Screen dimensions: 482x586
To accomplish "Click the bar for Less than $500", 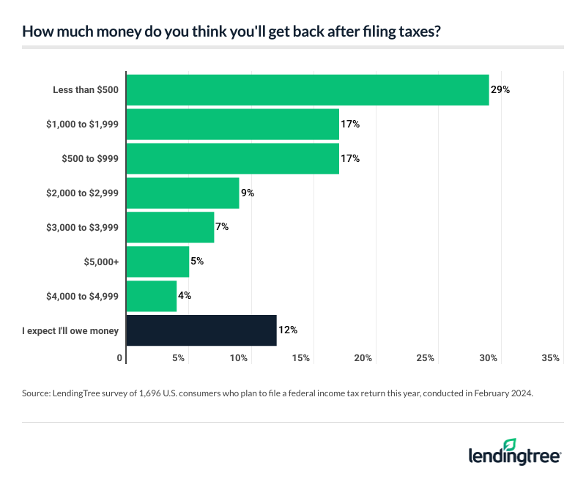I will [308, 90].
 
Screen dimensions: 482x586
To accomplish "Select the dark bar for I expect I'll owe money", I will [201, 330].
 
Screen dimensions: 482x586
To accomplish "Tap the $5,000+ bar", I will [157, 262].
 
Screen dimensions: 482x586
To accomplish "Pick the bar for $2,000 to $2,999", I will [183, 193].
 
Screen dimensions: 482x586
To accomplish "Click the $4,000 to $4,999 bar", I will [152, 296].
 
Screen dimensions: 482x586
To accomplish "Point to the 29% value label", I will [500, 90].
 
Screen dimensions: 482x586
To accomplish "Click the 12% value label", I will [288, 330].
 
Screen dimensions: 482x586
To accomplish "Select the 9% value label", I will [247, 193].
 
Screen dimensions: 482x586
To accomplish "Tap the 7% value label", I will [222, 227].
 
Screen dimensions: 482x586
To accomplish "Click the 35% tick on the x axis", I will [551, 358].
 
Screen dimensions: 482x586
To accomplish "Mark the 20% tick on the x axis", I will [364, 358].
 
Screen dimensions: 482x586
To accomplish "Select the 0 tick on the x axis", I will [120, 358].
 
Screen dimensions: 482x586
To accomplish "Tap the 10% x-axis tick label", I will [240, 358].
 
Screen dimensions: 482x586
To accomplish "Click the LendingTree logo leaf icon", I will [510, 445].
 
